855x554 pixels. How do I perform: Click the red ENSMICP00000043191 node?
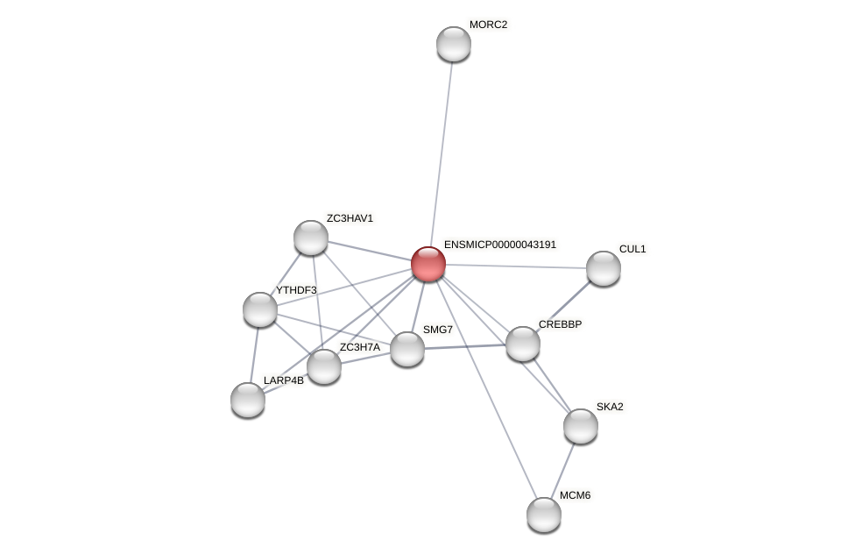[x=428, y=264]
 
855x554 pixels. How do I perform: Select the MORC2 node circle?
[x=454, y=44]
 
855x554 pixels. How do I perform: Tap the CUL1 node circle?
[x=604, y=268]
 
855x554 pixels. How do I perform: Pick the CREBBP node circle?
[x=523, y=344]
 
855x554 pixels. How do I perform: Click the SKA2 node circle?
[x=581, y=426]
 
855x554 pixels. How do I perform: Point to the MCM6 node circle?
[x=544, y=515]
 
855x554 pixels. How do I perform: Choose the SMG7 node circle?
[x=407, y=349]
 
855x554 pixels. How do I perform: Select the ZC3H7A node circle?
[x=324, y=366]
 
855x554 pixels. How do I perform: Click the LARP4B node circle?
[x=248, y=400]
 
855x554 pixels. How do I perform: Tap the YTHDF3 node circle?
[x=260, y=309]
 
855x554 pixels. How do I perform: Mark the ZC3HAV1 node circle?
[x=311, y=238]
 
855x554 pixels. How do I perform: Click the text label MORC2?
[x=488, y=25]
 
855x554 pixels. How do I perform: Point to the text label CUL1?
[x=632, y=249]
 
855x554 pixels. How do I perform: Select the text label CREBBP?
[x=560, y=324]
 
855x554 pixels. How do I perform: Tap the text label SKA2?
[x=610, y=407]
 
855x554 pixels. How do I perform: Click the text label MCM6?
[x=575, y=495]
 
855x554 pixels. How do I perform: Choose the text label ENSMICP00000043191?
[x=499, y=245]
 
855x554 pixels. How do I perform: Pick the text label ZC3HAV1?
[x=350, y=218]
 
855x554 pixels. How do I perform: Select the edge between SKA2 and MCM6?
[x=563, y=469]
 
